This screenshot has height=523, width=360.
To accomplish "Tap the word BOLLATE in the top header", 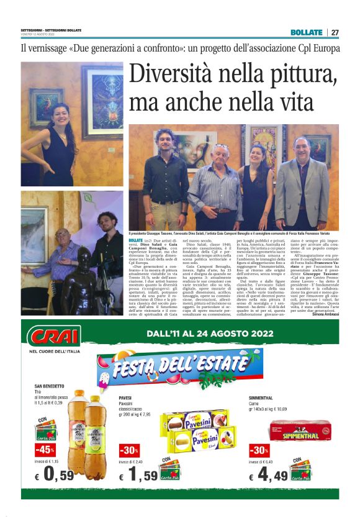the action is click(307, 32).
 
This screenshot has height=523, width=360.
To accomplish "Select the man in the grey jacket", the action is click(302, 184).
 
